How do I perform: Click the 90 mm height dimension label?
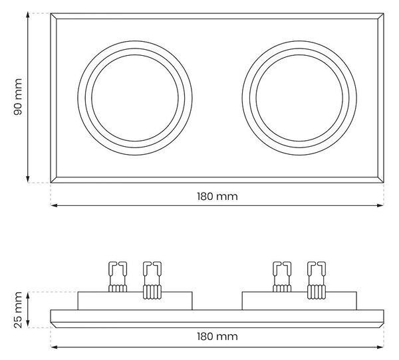18,97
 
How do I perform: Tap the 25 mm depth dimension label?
18,310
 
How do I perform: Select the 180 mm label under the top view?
217,197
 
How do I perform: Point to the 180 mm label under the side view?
217,337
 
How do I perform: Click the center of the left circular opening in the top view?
135,98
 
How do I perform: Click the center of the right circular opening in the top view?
299,98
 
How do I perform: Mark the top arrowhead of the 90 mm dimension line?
28,15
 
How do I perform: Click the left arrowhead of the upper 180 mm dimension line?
54,205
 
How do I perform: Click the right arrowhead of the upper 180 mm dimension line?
380,205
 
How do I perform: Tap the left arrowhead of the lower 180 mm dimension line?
54,347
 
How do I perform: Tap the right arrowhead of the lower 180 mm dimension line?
380,347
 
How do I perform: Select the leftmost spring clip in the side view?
118,277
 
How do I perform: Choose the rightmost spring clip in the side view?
317,280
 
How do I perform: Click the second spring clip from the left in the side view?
152,280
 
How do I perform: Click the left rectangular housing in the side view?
135,301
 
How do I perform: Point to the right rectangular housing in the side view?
299,301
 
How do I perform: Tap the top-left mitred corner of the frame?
53,16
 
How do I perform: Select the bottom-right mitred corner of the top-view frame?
380,180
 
